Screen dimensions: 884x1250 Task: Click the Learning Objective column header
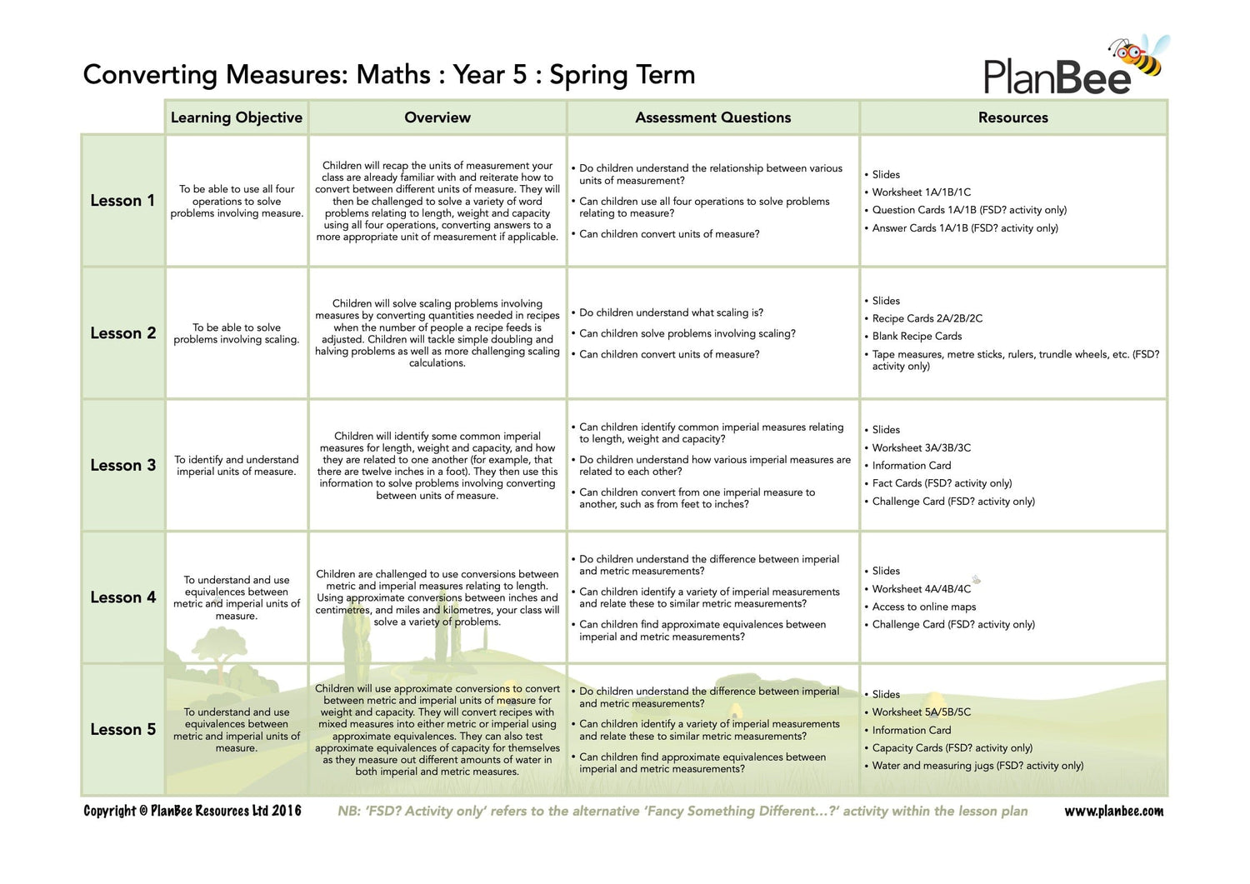click(x=237, y=117)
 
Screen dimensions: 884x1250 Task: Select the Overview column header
click(x=437, y=117)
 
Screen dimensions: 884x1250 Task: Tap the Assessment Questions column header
click(x=712, y=117)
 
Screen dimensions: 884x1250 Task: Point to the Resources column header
click(x=1012, y=117)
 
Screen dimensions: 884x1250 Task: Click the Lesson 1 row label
click(x=122, y=201)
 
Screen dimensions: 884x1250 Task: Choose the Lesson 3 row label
click(x=122, y=465)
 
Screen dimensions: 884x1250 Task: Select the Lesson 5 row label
click(x=122, y=729)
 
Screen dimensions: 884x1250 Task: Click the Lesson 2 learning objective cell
click(x=237, y=333)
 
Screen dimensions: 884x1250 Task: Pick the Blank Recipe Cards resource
click(x=917, y=336)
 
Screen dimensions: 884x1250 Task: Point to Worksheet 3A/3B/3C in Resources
click(x=921, y=447)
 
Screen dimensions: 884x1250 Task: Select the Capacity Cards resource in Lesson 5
click(x=952, y=747)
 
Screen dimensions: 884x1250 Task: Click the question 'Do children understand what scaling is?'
click(x=671, y=312)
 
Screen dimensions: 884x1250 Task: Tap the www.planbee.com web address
click(x=1113, y=811)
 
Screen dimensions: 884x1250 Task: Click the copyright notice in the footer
click(x=192, y=811)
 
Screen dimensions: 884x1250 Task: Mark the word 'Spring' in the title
click(x=588, y=75)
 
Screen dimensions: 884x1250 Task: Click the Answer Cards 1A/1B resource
click(x=964, y=227)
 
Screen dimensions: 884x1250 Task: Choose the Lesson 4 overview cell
click(x=437, y=597)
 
